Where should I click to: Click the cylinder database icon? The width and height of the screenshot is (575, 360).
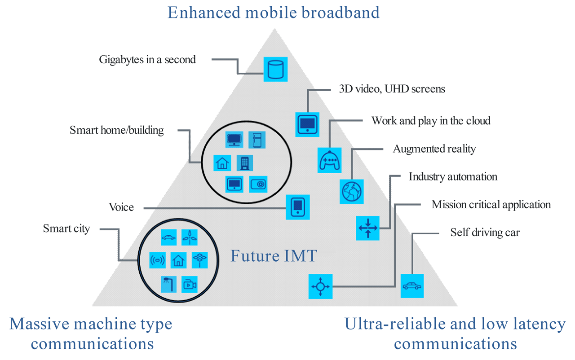pos(275,70)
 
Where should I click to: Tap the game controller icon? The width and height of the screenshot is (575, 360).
pos(330,160)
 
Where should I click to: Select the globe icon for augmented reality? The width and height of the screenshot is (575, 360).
pos(351,192)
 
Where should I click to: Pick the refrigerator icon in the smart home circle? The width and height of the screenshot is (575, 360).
pos(257,140)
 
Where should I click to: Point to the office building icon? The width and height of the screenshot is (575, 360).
pos(244,162)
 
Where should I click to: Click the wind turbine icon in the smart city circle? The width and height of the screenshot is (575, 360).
pos(189,237)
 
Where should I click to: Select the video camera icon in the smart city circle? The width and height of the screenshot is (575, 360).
pos(189,285)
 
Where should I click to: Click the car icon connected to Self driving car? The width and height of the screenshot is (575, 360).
pos(412,286)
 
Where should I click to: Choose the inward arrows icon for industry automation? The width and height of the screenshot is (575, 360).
pos(367,228)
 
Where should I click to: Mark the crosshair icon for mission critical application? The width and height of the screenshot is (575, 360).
pos(320,286)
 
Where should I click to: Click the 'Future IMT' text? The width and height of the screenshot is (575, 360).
pos(274,256)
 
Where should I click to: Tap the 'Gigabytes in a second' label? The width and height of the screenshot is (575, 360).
pos(147,60)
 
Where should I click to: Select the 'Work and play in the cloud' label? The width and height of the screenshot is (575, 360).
pos(431,121)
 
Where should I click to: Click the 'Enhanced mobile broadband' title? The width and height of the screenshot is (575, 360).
pos(274,12)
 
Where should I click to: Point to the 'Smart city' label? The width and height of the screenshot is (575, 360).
pos(66,228)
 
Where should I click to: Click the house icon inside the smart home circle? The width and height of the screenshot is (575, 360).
pos(222,162)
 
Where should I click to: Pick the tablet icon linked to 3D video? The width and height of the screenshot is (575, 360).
pos(307,124)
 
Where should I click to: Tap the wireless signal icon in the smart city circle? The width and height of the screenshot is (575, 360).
pos(157,260)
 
